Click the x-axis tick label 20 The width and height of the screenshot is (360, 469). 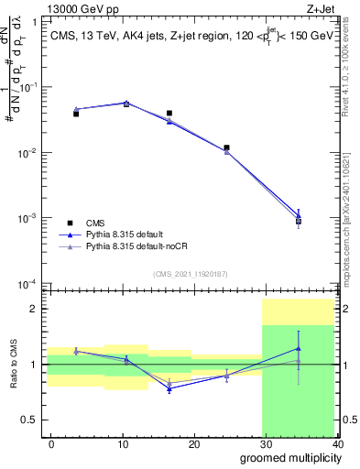click(x=193, y=443)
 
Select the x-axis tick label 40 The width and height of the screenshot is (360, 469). click(x=335, y=443)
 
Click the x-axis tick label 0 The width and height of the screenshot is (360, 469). click(x=51, y=443)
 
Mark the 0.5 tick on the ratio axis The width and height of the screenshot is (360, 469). click(x=32, y=420)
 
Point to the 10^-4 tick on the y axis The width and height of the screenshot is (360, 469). click(x=27, y=283)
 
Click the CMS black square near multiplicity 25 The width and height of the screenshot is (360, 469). click(x=226, y=147)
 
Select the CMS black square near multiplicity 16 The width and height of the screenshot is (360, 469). click(x=169, y=114)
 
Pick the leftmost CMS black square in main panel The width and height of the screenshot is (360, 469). click(x=76, y=114)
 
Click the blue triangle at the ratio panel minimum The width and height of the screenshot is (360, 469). click(x=169, y=388)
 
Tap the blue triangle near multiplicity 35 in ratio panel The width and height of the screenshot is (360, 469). click(x=299, y=348)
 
